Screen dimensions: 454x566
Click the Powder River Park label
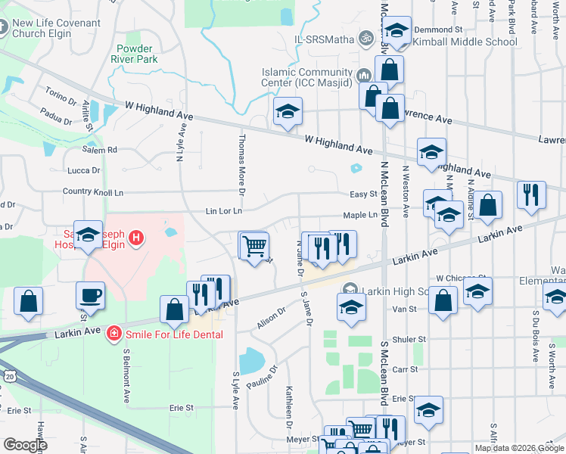[x=137, y=52]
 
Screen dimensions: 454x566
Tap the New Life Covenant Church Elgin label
[x=56, y=29]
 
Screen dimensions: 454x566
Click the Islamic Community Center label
[x=309, y=76]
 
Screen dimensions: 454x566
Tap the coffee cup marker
[x=91, y=295]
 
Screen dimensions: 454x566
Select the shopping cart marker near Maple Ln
[x=254, y=245]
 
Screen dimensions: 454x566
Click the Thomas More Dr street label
[x=241, y=161]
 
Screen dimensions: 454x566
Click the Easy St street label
[x=363, y=194]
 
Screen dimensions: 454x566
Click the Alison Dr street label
[x=272, y=317]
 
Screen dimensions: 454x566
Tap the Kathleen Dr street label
[x=289, y=405]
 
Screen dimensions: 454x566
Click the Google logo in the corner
[x=25, y=445]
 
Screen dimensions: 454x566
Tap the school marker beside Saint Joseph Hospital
[x=88, y=235]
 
